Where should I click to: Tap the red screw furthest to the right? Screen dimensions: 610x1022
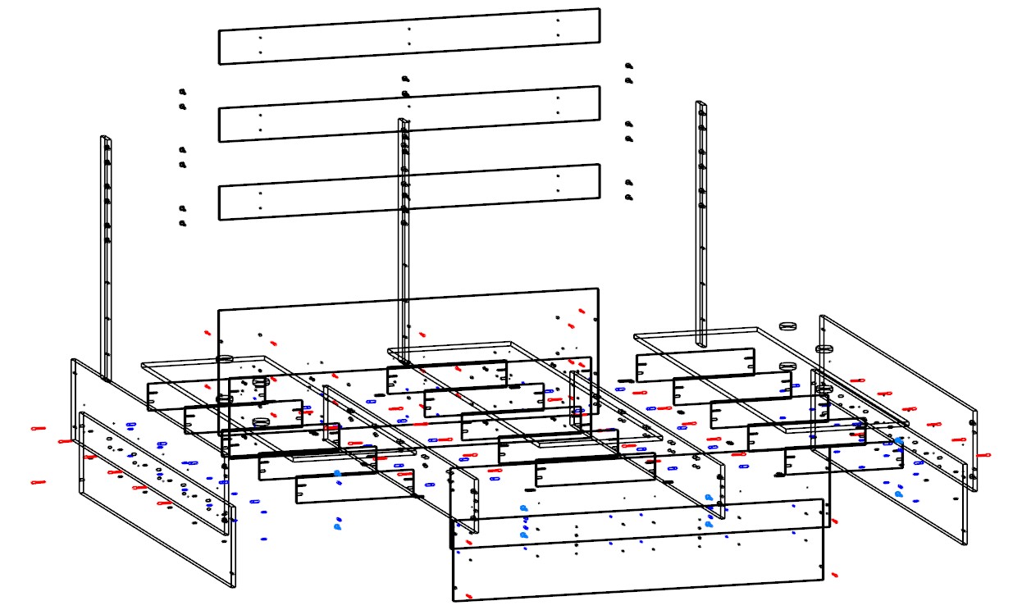click(984, 453)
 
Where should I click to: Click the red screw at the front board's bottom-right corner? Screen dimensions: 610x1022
click(834, 575)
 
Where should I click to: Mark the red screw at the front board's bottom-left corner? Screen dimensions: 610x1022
click(468, 596)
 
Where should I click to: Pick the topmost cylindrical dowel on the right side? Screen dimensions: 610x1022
click(789, 325)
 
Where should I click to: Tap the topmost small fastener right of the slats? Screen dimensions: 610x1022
click(628, 65)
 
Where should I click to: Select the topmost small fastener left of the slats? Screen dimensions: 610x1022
click(182, 91)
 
